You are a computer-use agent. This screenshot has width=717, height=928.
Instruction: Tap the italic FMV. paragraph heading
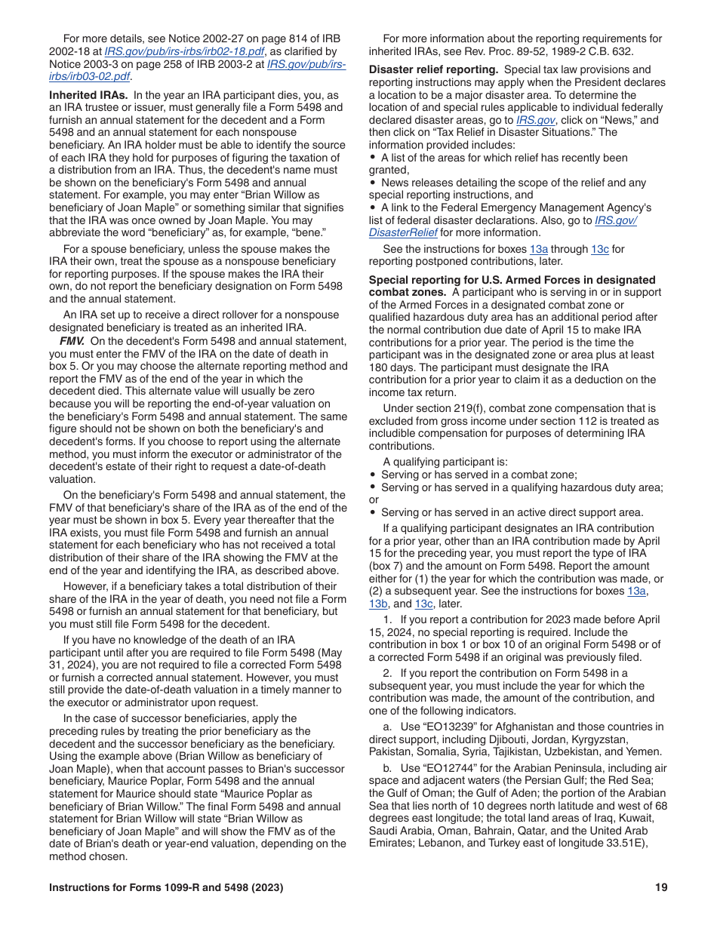point(72,341)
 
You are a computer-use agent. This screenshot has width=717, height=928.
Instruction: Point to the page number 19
point(661,888)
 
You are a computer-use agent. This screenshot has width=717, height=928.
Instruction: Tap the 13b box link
point(377,604)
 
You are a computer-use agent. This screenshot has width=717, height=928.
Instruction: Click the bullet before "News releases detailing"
point(373,183)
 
